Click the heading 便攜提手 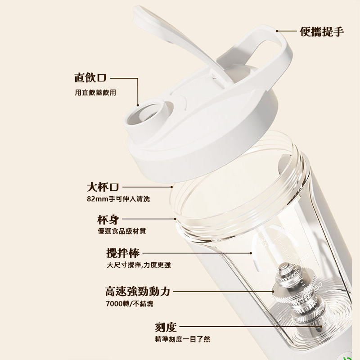pos(322,31)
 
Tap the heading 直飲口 pos(90,78)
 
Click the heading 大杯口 pos(103,186)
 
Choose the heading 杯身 pos(108,220)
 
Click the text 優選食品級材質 pos(121,231)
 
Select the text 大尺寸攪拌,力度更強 pos(139,265)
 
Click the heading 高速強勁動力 pos(137,291)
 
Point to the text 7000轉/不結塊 pos(129,304)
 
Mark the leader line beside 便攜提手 pos(287,31)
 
